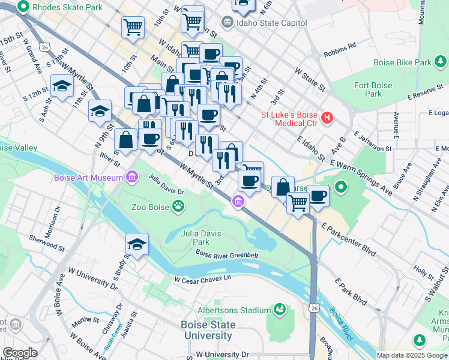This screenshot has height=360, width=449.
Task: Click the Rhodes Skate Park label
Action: click(67, 8)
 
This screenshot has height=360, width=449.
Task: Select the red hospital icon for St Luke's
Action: click(327, 117)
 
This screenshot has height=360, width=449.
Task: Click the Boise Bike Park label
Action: click(402, 62)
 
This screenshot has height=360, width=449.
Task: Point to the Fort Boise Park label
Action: click(373, 89)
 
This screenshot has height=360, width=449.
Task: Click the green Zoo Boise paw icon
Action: click(178, 207)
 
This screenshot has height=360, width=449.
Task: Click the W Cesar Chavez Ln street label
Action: click(202, 279)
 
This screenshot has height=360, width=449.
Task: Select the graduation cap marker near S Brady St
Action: click(137, 245)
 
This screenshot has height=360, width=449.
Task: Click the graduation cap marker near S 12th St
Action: click(62, 87)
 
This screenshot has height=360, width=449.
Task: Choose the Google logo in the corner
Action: click(20, 353)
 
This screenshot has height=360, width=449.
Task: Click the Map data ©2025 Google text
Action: click(411, 355)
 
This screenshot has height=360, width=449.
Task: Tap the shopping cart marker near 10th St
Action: click(132, 26)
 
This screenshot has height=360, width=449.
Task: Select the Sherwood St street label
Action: click(47, 242)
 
